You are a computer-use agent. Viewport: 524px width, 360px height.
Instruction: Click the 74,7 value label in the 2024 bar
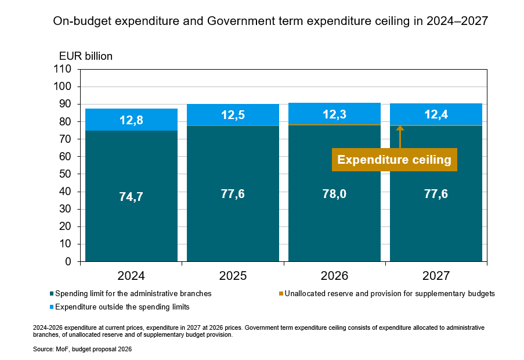click(131, 197)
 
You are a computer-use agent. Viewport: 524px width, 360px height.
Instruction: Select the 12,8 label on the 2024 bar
click(131, 120)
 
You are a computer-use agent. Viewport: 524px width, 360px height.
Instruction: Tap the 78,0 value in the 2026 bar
click(334, 194)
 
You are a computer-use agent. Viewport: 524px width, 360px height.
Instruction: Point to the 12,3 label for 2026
click(334, 114)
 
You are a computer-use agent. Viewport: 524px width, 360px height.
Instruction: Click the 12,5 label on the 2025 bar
click(233, 115)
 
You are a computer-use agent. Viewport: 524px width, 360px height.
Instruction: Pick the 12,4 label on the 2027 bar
click(436, 114)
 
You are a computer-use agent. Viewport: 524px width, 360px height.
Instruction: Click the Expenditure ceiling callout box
click(394, 160)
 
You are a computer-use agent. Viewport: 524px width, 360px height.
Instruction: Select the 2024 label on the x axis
click(131, 276)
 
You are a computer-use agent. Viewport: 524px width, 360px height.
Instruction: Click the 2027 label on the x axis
click(436, 276)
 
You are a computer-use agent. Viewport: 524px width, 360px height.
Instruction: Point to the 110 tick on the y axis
click(62, 69)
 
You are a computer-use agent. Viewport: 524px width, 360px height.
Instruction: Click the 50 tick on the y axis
click(65, 174)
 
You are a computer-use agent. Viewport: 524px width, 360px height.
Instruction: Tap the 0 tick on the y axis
click(68, 262)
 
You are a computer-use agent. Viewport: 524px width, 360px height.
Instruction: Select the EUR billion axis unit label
click(86, 56)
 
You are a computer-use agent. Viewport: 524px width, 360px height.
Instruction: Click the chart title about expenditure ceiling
click(270, 21)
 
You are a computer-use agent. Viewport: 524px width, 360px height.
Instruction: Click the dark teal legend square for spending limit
click(52, 294)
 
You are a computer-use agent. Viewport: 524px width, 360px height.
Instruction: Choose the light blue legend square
click(52, 307)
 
